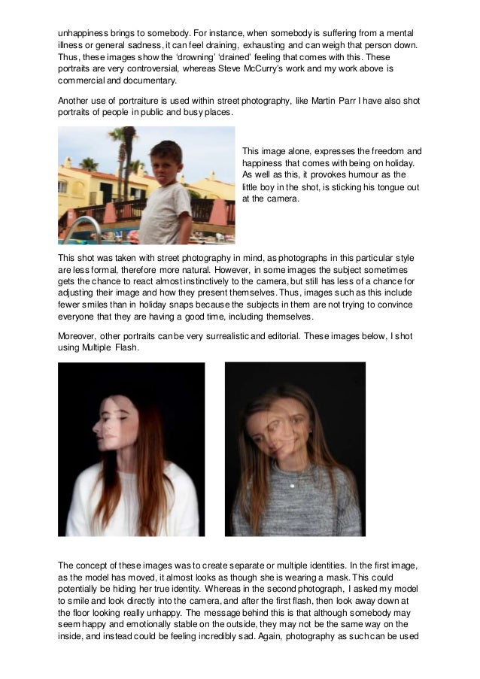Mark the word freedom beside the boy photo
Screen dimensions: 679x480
[384, 151]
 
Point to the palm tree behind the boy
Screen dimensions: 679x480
[120, 150]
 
